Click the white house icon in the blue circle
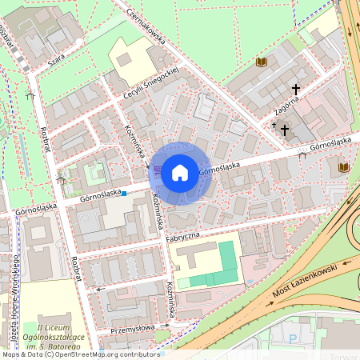coord(180,172)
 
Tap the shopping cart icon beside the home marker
coord(157,170)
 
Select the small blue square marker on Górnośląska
coord(124,193)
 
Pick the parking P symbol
coord(292,339)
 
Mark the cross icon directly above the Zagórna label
coord(295,90)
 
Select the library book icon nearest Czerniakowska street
coord(260,62)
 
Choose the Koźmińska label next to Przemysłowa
coord(171,305)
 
